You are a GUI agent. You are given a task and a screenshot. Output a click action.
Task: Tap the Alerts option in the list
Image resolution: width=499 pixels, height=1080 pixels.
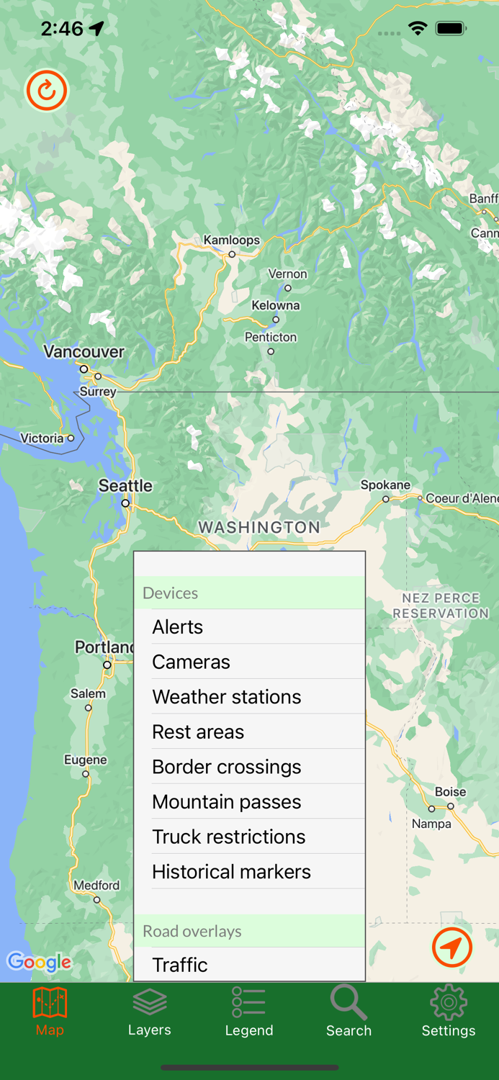click(178, 627)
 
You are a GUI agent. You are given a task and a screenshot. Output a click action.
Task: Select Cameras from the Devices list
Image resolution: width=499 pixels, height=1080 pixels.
click(191, 662)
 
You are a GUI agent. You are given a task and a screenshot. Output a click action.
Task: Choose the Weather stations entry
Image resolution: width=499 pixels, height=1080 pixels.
click(226, 697)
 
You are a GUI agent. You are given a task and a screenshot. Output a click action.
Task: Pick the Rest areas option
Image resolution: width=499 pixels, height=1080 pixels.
click(198, 732)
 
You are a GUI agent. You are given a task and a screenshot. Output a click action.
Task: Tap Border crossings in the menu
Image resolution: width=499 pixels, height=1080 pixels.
click(226, 767)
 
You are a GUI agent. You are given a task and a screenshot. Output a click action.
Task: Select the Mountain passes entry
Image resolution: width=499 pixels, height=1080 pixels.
click(226, 802)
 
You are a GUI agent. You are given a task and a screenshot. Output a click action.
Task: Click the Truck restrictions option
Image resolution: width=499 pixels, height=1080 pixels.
click(228, 837)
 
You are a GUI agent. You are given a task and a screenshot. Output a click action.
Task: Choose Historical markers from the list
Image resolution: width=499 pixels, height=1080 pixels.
click(231, 872)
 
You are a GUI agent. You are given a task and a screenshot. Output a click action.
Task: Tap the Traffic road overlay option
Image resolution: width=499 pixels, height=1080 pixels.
click(180, 965)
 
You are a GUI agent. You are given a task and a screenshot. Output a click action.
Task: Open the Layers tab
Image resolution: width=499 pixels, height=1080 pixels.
click(149, 1012)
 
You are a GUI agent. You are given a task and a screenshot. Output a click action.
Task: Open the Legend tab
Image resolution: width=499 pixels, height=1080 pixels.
click(249, 1012)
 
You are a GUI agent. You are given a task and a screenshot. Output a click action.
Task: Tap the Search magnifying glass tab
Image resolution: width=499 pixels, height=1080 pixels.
click(349, 1012)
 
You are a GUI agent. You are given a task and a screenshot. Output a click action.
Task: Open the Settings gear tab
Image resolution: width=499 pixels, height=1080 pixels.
click(448, 1012)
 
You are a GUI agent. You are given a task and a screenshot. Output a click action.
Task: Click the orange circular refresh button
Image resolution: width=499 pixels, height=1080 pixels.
click(47, 91)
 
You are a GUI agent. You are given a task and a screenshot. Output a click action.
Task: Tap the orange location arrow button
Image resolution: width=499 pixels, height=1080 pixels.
click(452, 948)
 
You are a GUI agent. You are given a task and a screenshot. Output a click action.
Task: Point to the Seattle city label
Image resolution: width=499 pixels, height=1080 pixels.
click(125, 486)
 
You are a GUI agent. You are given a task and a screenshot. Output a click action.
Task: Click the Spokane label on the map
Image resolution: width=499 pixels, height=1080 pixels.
click(385, 485)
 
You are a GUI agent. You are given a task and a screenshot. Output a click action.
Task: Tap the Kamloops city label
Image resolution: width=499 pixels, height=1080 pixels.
click(231, 240)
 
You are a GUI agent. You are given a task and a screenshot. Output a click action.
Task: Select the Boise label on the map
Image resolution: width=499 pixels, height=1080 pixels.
click(450, 792)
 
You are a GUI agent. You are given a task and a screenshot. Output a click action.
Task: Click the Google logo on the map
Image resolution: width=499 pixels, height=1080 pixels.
click(39, 962)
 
